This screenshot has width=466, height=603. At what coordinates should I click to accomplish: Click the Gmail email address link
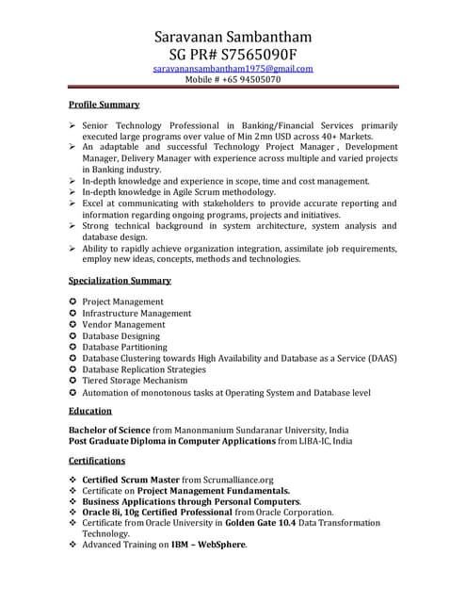233,69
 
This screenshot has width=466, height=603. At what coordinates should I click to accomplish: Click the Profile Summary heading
104,105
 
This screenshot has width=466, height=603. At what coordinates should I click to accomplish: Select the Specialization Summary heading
121,280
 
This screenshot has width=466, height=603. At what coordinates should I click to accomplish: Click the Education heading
90,411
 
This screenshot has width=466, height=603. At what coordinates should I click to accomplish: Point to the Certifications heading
97,461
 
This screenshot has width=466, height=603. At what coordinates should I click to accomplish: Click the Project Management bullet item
122,301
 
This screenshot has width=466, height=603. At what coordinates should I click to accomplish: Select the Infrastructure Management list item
137,313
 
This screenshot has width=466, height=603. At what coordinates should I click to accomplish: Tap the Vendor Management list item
123,324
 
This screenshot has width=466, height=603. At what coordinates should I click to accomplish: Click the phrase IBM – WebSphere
208,545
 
